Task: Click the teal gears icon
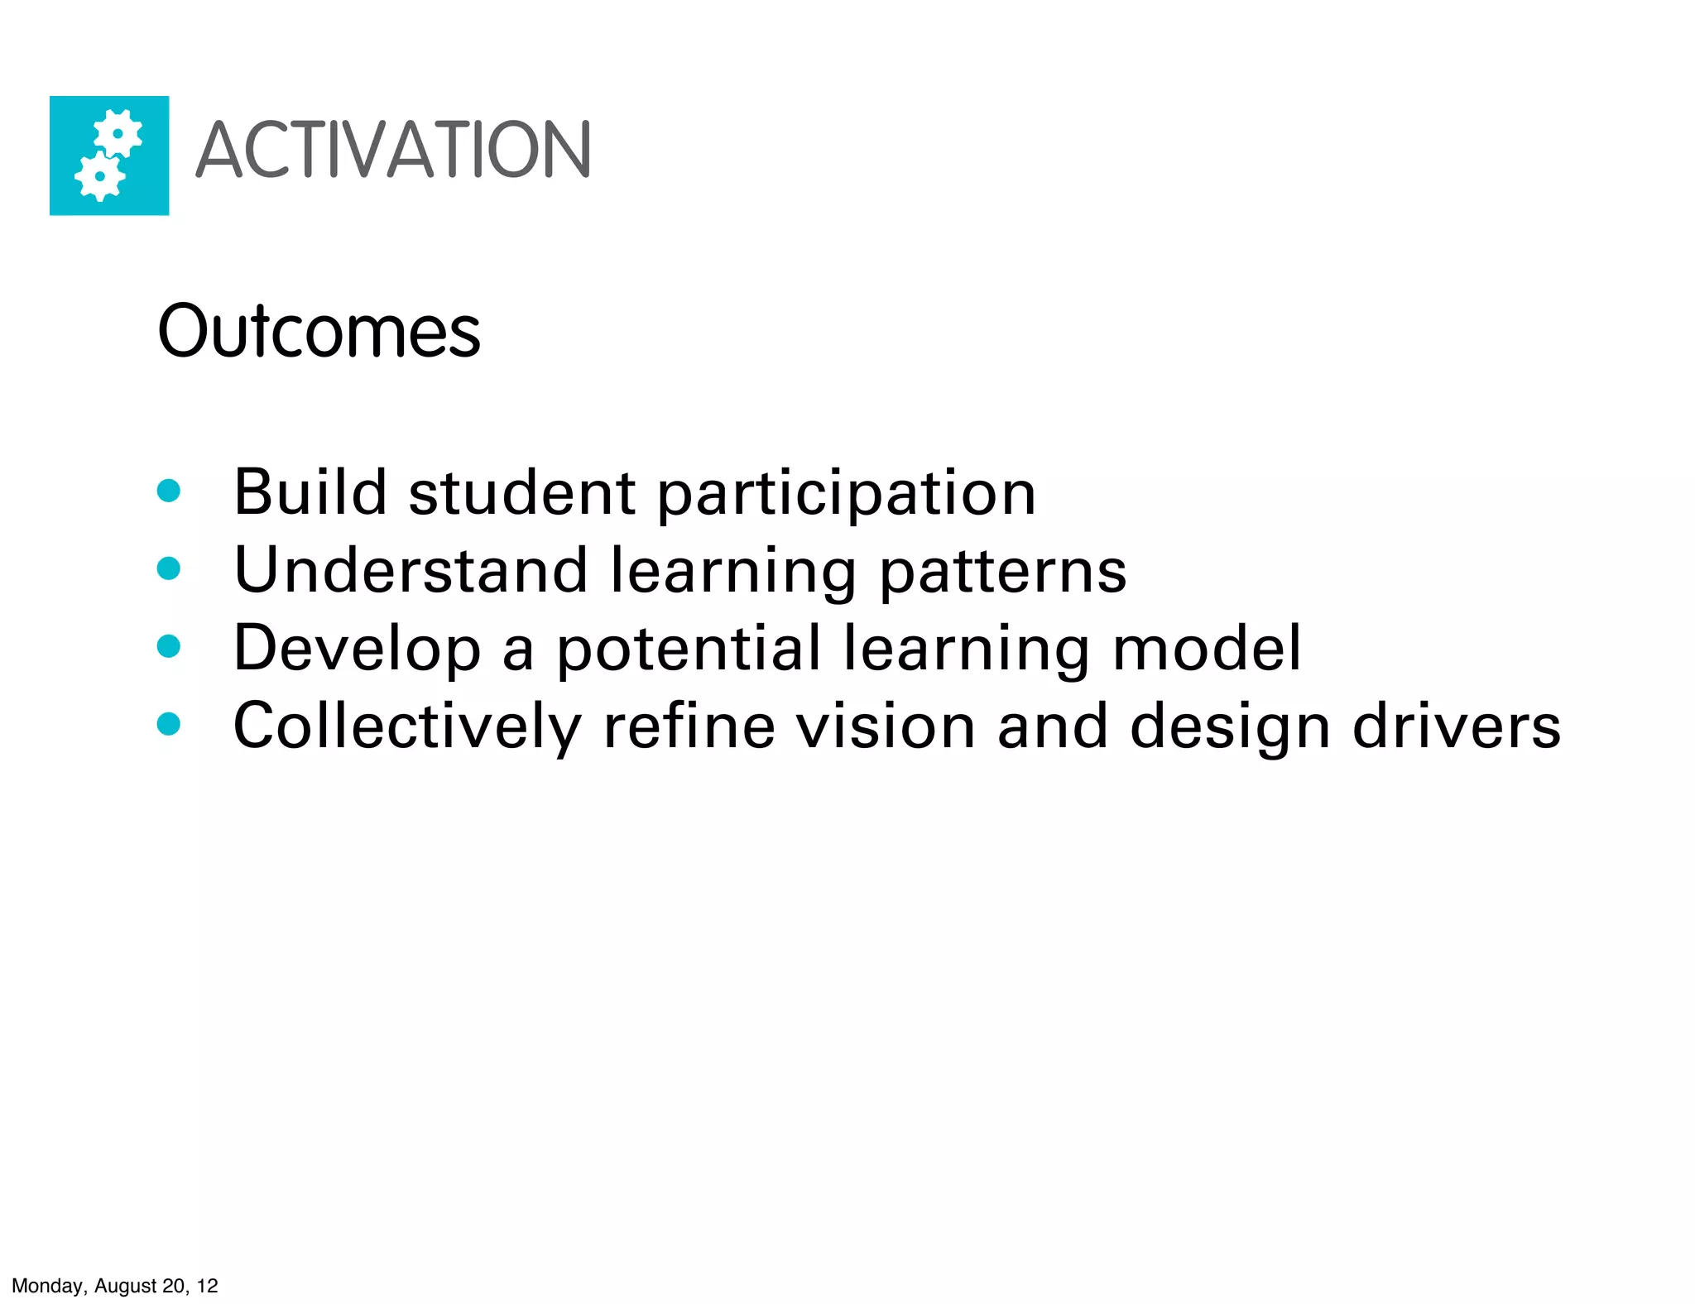click(x=109, y=156)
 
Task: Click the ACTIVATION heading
click(x=392, y=150)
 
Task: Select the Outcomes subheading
click(x=319, y=331)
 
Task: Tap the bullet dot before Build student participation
click(x=169, y=491)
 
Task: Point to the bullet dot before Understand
click(x=169, y=568)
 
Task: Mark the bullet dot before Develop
click(x=169, y=646)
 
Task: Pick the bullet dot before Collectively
click(x=169, y=724)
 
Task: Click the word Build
click(x=310, y=492)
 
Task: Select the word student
click(x=522, y=492)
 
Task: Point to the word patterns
click(x=1002, y=572)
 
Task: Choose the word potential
click(x=689, y=650)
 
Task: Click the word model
click(x=1207, y=648)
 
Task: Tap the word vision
click(x=886, y=726)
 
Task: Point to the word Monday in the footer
click(x=49, y=1286)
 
